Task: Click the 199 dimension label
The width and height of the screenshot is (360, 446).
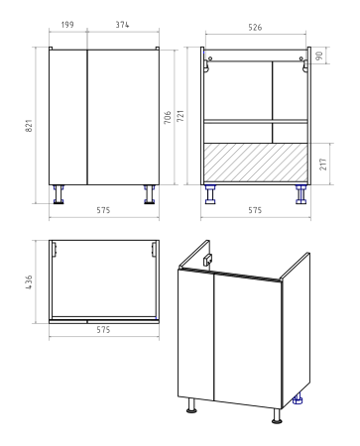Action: click(x=67, y=25)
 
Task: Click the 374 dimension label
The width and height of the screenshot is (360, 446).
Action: click(x=122, y=25)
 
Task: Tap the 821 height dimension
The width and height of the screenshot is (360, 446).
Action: click(x=29, y=126)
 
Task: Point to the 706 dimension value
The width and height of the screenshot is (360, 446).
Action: click(x=168, y=117)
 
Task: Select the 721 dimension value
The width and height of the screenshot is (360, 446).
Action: click(x=180, y=116)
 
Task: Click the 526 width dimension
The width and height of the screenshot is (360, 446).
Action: click(x=255, y=28)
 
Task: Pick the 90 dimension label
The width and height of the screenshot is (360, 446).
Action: click(x=319, y=56)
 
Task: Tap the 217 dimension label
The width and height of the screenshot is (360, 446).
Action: click(x=323, y=165)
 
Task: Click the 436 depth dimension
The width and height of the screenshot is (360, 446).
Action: click(x=29, y=282)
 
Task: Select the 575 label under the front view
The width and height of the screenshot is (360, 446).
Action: click(x=103, y=210)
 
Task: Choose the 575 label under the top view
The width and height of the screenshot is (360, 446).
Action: click(x=103, y=330)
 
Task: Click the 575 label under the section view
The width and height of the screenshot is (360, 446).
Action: click(x=255, y=210)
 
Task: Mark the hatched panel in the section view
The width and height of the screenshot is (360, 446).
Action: click(x=256, y=163)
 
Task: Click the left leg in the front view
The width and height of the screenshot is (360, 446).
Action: click(x=59, y=194)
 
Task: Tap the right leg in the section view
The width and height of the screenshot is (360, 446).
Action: click(x=300, y=194)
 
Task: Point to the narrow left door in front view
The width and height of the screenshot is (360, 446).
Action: click(x=68, y=117)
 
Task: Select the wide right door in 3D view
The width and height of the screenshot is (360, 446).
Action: click(x=248, y=340)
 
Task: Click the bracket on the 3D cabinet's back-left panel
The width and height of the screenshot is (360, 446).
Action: click(x=208, y=261)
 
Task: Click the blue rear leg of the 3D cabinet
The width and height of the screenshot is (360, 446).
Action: click(x=298, y=399)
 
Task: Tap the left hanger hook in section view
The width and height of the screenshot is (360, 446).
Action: click(x=207, y=64)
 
